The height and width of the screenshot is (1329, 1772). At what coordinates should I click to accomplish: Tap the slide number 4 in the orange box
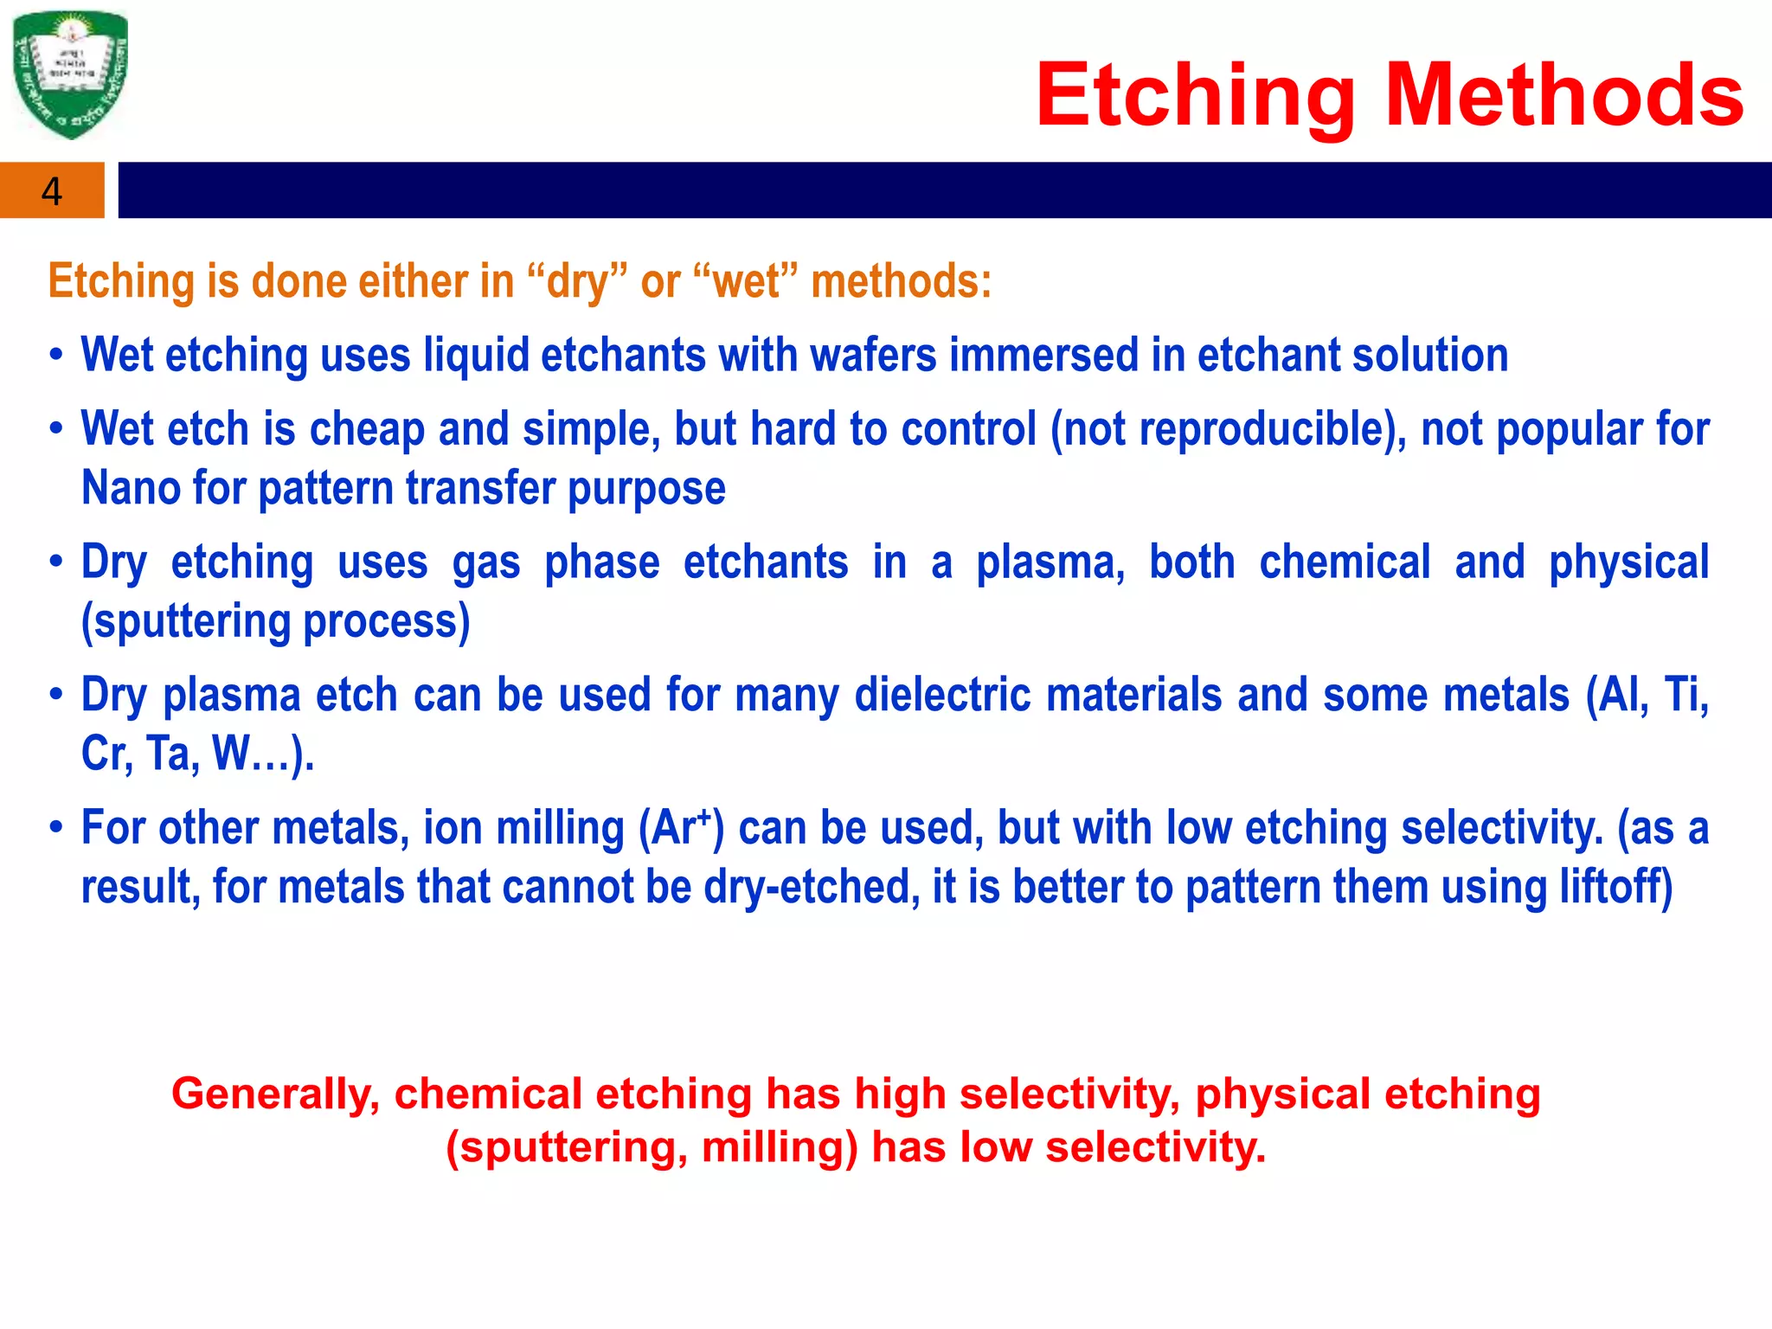click(x=52, y=191)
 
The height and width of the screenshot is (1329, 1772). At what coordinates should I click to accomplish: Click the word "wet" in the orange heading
click(x=745, y=282)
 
